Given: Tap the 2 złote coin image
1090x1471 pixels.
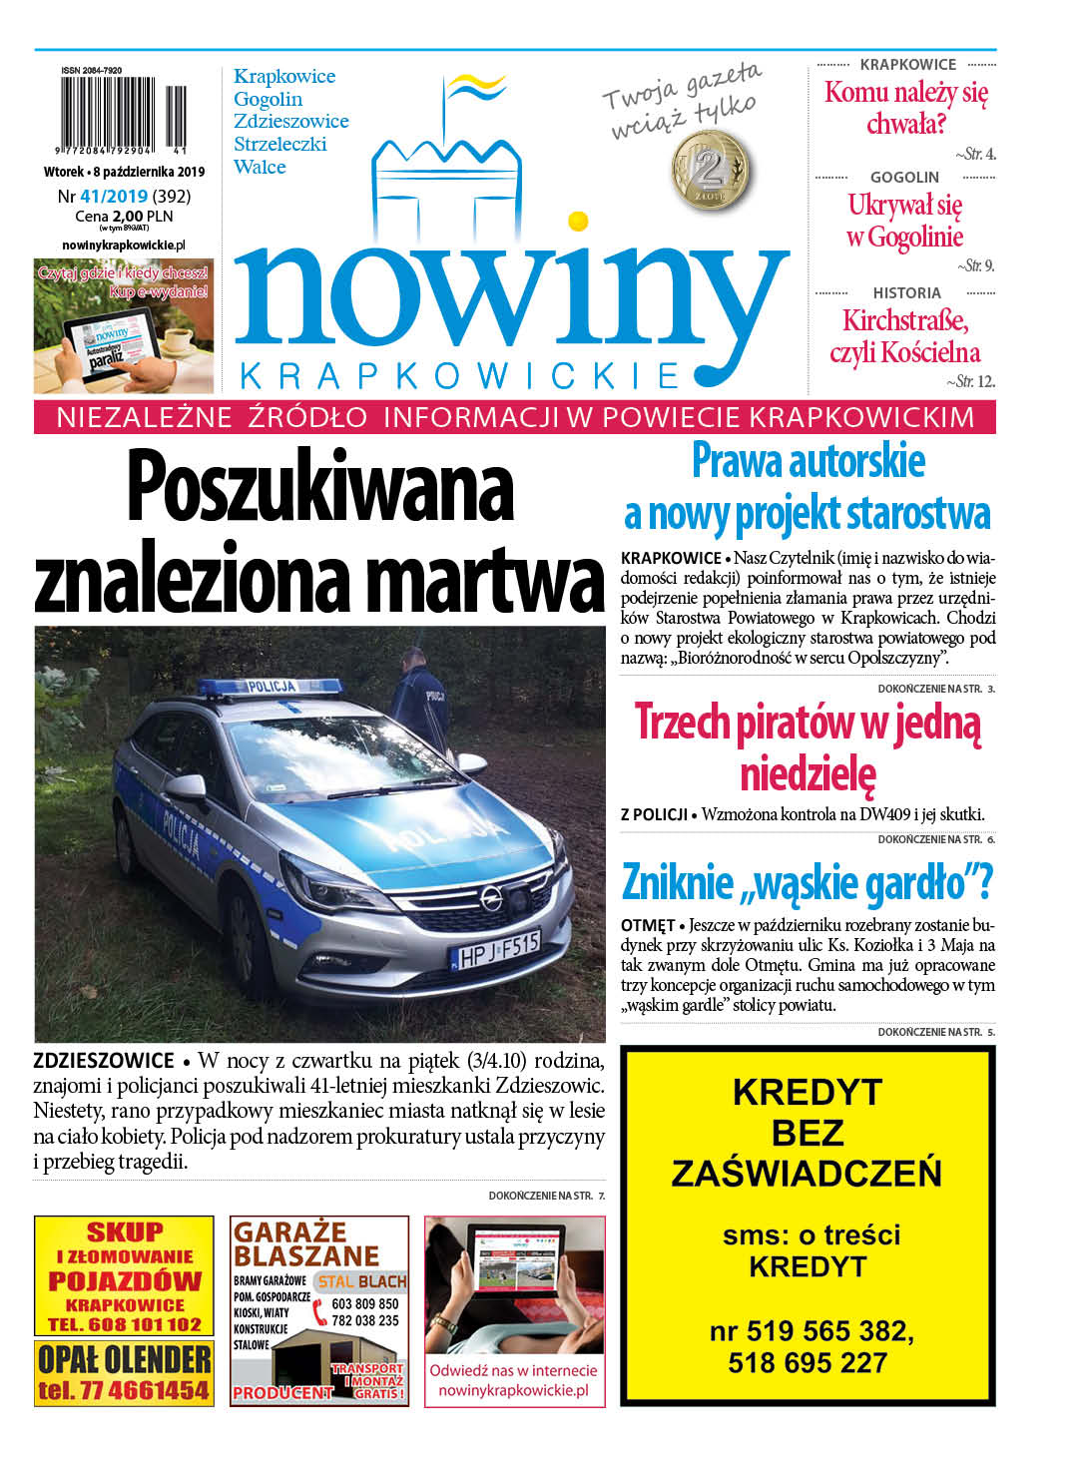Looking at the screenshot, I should [x=712, y=170].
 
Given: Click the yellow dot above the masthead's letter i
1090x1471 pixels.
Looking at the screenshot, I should [x=577, y=221].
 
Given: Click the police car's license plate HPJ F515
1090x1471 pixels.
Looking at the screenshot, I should [x=496, y=950].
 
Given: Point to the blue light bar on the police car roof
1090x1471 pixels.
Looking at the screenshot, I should [x=269, y=687].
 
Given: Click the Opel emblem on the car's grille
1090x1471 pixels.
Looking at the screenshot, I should [x=490, y=898].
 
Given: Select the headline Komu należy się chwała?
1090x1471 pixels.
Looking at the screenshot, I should [x=905, y=108].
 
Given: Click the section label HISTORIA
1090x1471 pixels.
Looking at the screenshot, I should [x=906, y=292].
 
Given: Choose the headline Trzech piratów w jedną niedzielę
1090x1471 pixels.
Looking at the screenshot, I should [x=808, y=746].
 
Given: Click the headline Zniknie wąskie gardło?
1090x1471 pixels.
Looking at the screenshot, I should [x=807, y=882].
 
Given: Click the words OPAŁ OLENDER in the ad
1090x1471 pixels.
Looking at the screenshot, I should [x=124, y=1358].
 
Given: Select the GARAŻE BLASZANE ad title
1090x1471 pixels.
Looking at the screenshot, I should [x=306, y=1243].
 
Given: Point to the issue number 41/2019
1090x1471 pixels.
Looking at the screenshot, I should [x=114, y=197].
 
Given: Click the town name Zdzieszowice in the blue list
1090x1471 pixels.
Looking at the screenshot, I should [x=290, y=121].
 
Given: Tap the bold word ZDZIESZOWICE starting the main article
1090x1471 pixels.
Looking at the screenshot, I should [x=104, y=1061].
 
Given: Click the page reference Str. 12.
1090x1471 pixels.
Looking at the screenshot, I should [x=975, y=381].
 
